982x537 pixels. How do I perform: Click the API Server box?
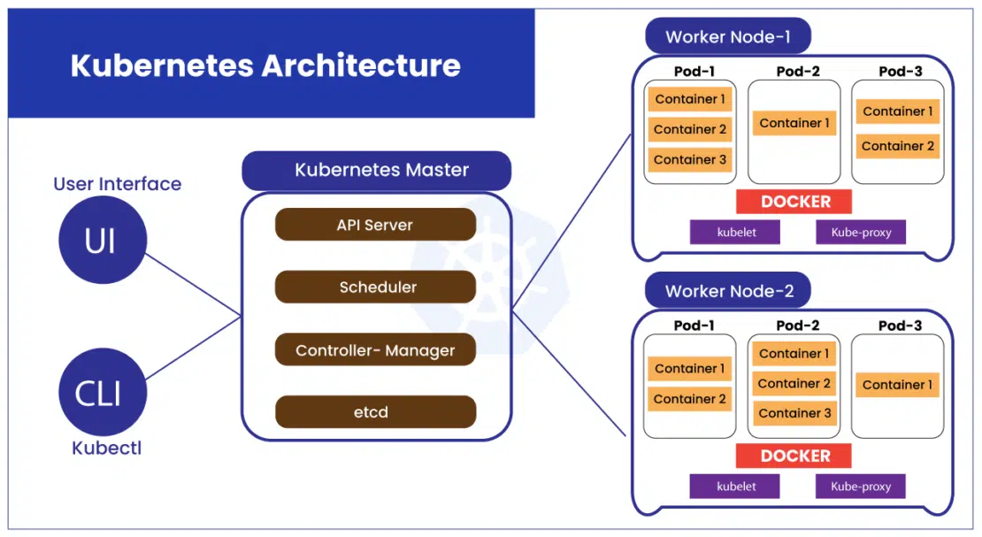[x=375, y=225]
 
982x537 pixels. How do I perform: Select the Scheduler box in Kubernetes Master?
[x=375, y=287]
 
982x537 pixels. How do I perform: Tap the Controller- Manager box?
[x=375, y=349]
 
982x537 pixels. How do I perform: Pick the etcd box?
[x=375, y=411]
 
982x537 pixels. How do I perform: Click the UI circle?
[x=103, y=240]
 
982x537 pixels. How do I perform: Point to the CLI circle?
[x=103, y=392]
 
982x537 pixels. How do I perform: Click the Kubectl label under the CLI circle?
[x=106, y=448]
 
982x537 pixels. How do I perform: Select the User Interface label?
[x=117, y=184]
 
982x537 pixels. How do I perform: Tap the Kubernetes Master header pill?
[x=376, y=170]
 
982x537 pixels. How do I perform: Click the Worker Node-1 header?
[x=728, y=36]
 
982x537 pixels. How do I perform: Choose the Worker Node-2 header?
[x=728, y=291]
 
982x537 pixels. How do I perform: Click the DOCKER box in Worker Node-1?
[x=794, y=202]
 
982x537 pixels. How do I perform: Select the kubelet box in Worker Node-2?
[x=734, y=487]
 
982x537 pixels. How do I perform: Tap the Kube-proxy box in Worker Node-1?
[x=861, y=232]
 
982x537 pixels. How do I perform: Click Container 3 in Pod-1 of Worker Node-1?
[x=689, y=160]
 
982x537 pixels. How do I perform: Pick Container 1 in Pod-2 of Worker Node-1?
[x=794, y=124]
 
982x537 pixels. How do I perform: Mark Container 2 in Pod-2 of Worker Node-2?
[x=794, y=383]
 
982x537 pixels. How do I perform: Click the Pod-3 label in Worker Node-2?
[x=900, y=326]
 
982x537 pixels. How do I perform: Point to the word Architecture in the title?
[x=361, y=65]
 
